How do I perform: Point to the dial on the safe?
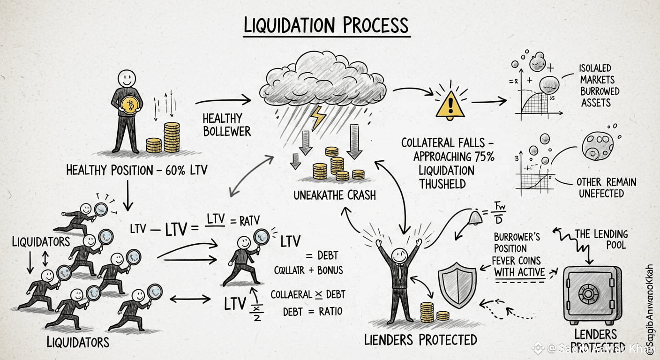tap(588, 294)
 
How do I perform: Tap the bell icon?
tap(475, 217)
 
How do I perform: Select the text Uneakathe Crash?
tap(334, 195)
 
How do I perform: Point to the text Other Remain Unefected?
tap(606, 187)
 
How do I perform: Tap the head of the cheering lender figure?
tap(398, 256)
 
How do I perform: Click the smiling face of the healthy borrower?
tap(127, 77)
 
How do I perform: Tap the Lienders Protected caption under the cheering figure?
tap(420, 339)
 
